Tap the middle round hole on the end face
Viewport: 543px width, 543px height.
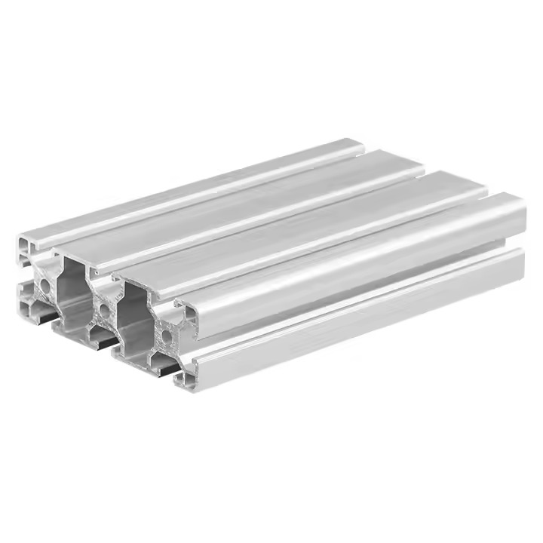(x=103, y=309)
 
